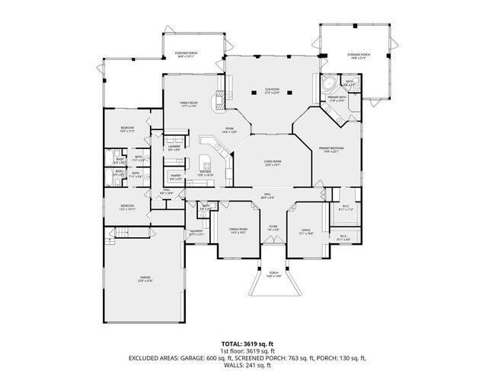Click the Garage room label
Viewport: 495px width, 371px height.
(144, 279)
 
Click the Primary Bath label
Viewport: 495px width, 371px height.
(336, 99)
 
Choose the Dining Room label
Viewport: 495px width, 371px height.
(238, 230)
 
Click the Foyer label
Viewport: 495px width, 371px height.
(273, 227)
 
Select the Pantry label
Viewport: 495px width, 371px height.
(175, 178)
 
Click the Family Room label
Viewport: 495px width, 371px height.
(189, 104)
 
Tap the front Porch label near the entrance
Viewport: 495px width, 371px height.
(273, 275)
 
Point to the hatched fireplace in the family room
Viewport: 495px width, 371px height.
(219, 98)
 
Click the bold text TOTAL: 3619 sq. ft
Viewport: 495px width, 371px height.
(247, 344)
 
